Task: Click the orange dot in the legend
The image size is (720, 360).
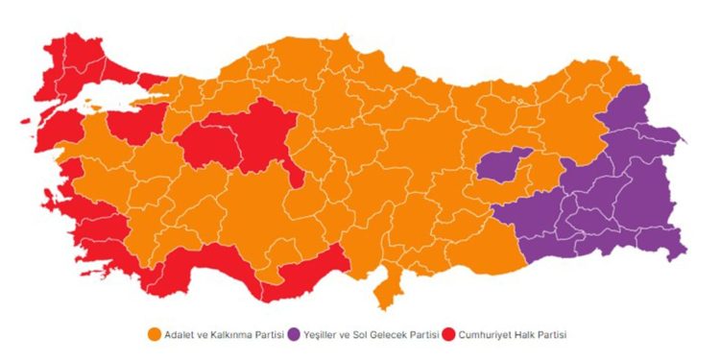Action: tap(154, 334)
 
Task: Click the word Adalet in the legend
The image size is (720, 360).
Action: tap(179, 334)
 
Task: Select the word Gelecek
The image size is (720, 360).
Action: tap(402, 334)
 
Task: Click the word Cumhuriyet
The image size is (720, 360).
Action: tap(486, 334)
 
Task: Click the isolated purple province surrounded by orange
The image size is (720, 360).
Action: tap(504, 165)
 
